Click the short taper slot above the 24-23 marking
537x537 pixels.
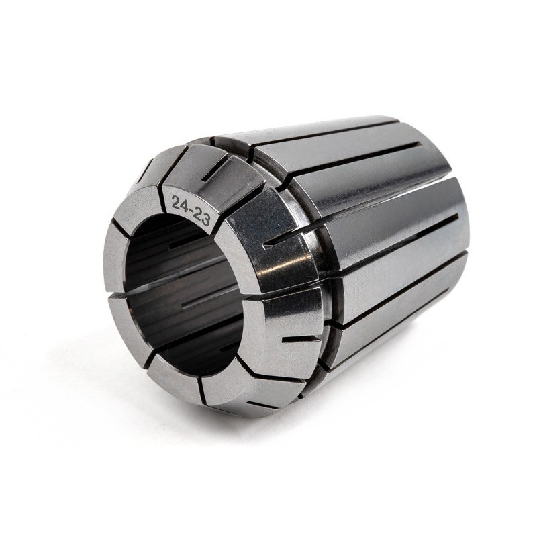pyautogui.click(x=215, y=168)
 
